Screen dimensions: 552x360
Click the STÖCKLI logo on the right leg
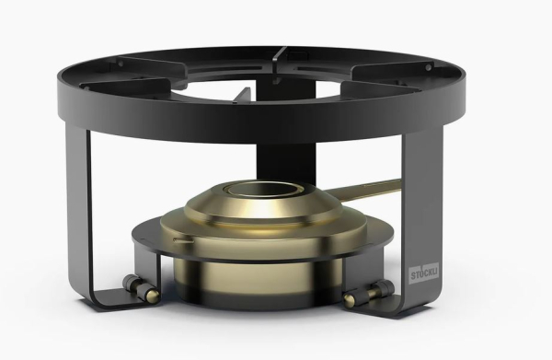[x=424, y=273]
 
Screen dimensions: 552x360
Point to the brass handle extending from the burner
[x=362, y=190]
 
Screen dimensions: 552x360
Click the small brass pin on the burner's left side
[x=183, y=240]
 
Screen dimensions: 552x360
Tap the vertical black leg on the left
[x=78, y=212]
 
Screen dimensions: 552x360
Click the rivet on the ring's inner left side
[x=121, y=64]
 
